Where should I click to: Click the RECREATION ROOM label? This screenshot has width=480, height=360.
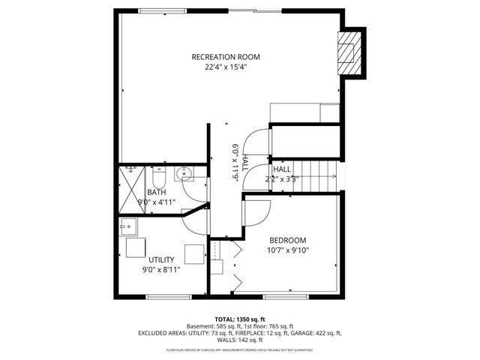point(226,57)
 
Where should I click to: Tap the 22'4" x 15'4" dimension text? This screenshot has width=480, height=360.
point(226,67)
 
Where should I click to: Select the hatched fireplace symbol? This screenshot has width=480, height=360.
point(348,53)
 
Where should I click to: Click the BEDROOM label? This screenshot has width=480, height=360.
point(288,240)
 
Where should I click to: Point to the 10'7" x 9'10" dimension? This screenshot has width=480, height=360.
point(288,250)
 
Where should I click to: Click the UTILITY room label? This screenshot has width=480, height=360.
point(160,259)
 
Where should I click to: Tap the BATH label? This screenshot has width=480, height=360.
point(156,193)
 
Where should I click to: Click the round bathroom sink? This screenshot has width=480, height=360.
point(185,175)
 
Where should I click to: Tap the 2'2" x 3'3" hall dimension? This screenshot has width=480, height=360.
point(282,179)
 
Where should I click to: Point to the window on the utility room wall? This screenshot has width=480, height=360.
point(167,297)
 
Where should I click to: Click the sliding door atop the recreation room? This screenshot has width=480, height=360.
point(255,10)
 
